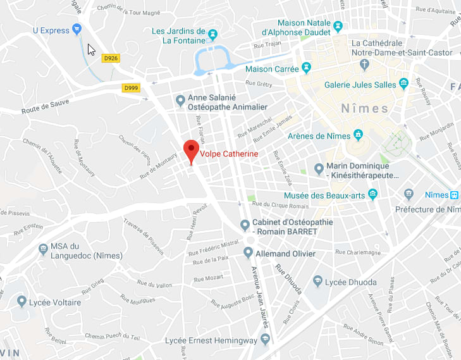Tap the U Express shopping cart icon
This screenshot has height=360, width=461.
(x=77, y=28)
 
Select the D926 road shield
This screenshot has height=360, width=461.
(x=111, y=58)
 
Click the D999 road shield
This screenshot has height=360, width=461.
(x=132, y=87)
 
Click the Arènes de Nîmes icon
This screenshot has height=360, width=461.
(x=358, y=134)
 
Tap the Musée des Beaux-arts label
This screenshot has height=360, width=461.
(x=324, y=195)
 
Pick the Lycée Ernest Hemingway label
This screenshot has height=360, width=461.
(x=211, y=340)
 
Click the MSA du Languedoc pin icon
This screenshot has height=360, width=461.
(x=43, y=249)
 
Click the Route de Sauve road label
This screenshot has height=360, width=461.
(x=47, y=104)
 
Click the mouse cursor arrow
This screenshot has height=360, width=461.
(x=91, y=49)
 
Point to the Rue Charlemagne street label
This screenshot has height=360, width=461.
(x=359, y=252)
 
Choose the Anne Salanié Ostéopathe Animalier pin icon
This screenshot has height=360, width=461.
(x=180, y=99)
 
